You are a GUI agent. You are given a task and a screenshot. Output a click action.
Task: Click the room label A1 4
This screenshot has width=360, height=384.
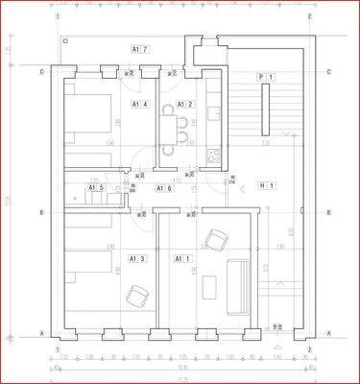140,104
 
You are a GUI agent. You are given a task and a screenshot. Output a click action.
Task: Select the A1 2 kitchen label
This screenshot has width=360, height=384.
184,105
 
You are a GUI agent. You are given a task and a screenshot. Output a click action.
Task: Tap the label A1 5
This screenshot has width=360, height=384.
97,188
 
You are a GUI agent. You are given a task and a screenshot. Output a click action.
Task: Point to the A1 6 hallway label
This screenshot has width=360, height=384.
164,188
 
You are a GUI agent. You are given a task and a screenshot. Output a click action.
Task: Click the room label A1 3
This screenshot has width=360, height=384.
137,258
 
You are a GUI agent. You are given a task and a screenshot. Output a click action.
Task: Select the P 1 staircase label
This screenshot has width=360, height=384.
266,77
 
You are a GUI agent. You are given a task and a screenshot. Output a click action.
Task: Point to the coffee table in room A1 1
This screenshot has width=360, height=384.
209,289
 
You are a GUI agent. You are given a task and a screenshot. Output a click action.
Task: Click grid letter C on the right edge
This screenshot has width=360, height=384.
328,72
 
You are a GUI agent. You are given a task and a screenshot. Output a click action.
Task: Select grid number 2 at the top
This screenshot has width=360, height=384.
309,16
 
